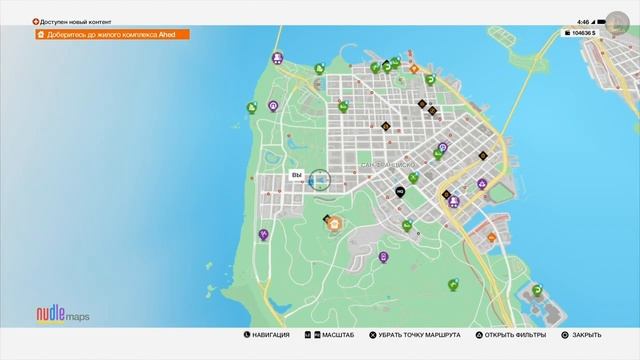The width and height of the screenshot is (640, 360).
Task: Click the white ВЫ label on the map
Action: pos(296,175)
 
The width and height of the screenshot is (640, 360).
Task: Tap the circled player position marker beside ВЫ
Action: pos(320,179)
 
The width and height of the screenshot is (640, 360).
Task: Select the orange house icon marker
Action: pos(334,224)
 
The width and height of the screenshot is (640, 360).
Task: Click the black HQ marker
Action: pos(399,191)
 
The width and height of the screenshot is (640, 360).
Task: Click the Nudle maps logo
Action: pos(62,315)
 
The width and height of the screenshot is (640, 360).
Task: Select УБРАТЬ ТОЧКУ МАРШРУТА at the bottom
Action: pos(414,335)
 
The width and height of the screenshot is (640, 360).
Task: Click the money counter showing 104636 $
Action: pos(580,33)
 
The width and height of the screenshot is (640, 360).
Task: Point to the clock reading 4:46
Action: pos(583,21)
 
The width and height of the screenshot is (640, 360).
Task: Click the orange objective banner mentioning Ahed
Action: pos(110,34)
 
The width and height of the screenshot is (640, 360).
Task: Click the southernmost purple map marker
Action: pos(384,258)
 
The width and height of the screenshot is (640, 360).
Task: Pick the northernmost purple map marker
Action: pos(277,59)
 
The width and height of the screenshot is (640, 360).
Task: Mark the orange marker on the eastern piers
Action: pos(492,237)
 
